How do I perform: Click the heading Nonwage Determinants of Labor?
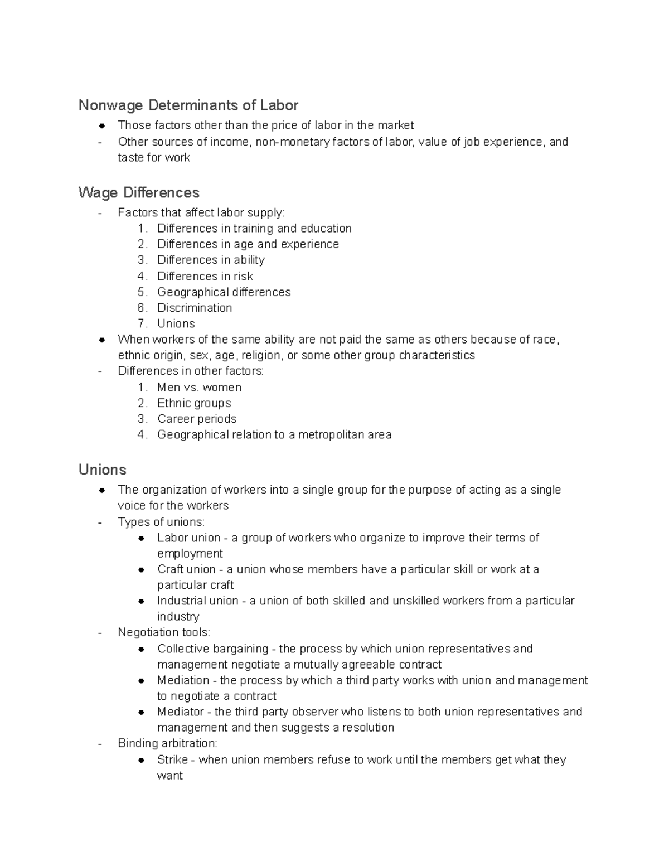(x=188, y=105)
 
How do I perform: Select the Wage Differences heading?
(x=139, y=192)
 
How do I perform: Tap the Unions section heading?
(x=102, y=470)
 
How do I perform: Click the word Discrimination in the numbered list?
(x=194, y=308)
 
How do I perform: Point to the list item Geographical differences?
(x=224, y=292)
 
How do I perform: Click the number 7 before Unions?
(x=142, y=323)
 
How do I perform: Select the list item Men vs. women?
(x=199, y=387)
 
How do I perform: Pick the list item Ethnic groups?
(x=193, y=403)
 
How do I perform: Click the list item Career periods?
(x=196, y=419)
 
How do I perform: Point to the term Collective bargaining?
(x=212, y=649)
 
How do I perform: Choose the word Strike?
(x=172, y=759)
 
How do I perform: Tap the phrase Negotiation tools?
(x=163, y=632)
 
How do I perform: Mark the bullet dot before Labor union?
(x=142, y=538)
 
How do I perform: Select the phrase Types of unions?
(x=161, y=522)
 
